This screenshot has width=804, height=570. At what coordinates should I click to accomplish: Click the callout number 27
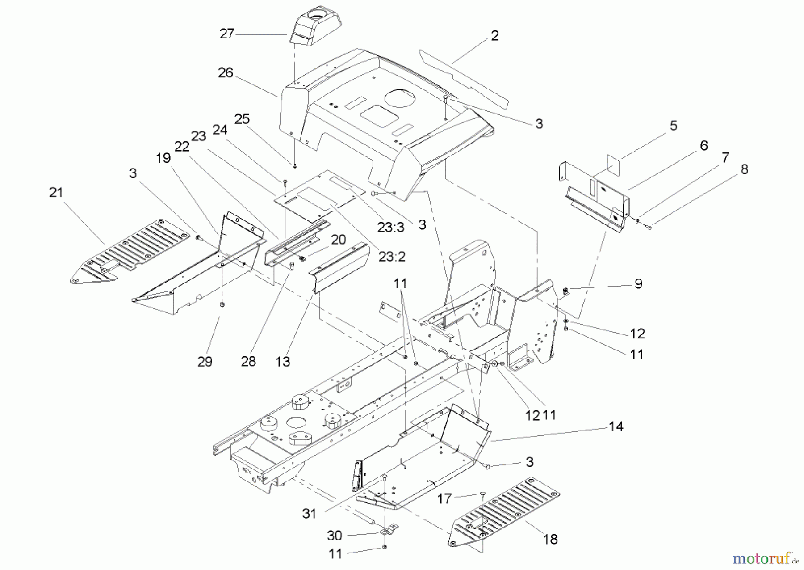click(227, 34)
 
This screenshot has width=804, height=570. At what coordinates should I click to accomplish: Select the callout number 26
click(226, 73)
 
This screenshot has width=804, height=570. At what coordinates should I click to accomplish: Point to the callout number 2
click(494, 36)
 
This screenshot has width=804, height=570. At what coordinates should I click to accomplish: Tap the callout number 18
click(550, 539)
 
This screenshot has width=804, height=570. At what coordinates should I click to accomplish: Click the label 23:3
click(390, 228)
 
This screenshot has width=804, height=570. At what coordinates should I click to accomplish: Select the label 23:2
click(391, 257)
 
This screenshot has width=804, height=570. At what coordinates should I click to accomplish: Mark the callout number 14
click(616, 426)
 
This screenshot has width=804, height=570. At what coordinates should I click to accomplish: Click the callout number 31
click(309, 514)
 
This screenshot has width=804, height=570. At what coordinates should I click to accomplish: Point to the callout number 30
click(335, 536)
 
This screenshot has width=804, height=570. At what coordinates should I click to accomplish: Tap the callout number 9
click(638, 283)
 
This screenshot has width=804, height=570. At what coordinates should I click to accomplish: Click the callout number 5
click(673, 126)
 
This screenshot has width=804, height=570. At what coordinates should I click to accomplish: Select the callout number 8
click(744, 169)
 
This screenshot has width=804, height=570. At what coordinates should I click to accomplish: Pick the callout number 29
click(205, 362)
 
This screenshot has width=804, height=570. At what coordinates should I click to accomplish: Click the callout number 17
click(444, 498)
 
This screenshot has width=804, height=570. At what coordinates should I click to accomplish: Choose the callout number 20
click(338, 240)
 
